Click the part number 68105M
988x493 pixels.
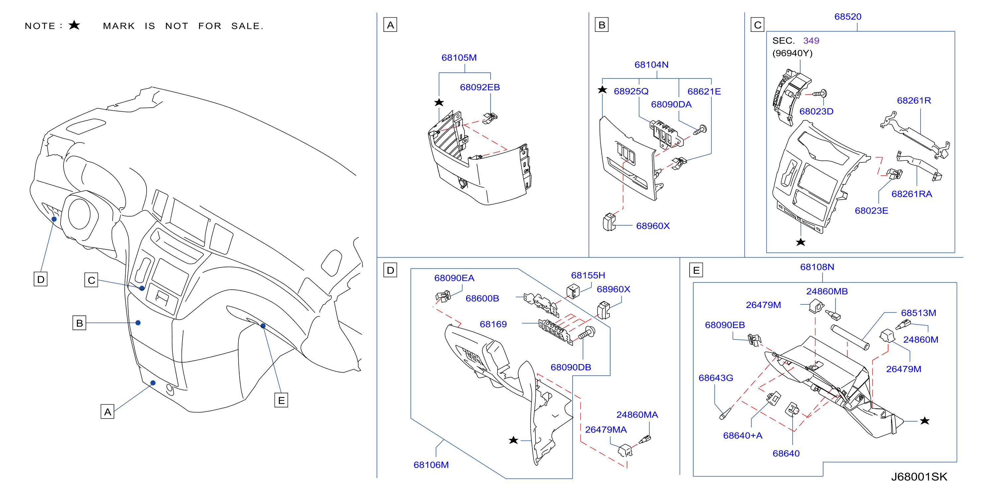(459, 57)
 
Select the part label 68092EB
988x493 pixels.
(480, 87)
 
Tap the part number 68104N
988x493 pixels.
(651, 64)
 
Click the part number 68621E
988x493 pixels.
(704, 91)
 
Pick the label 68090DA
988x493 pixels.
(671, 104)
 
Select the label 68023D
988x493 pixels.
(816, 111)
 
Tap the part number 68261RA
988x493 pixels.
(911, 194)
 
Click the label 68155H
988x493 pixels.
(588, 275)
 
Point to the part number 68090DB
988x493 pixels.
(570, 367)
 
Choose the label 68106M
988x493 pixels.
(431, 465)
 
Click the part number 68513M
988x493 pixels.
(918, 313)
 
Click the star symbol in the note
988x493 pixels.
(74, 25)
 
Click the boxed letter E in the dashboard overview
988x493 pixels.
(281, 400)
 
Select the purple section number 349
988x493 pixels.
(811, 41)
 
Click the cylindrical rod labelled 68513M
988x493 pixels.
(849, 337)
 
